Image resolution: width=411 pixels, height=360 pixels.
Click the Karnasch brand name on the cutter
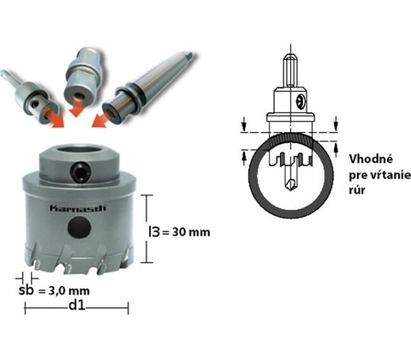coord(78,207)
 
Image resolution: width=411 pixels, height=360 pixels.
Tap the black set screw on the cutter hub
coord(81,172)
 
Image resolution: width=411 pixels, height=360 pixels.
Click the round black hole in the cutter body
coord(80,227)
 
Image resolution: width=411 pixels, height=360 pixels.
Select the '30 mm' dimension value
coord(191,232)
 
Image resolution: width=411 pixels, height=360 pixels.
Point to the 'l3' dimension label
coord(154,231)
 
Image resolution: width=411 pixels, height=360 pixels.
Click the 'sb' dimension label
coord(26,291)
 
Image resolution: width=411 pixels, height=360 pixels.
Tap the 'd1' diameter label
coord(77,305)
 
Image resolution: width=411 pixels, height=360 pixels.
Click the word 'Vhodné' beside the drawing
coord(371,159)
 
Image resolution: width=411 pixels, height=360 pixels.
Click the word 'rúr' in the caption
coord(357,190)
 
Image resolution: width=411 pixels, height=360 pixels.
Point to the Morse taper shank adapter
coord(147,87)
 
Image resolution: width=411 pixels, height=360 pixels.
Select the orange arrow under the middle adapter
coord(76,107)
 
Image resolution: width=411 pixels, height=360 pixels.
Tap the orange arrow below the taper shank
coord(102,118)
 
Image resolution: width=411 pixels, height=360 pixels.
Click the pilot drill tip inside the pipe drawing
coord(290,185)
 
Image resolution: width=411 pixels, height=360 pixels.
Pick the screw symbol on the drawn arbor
coord(300,101)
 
